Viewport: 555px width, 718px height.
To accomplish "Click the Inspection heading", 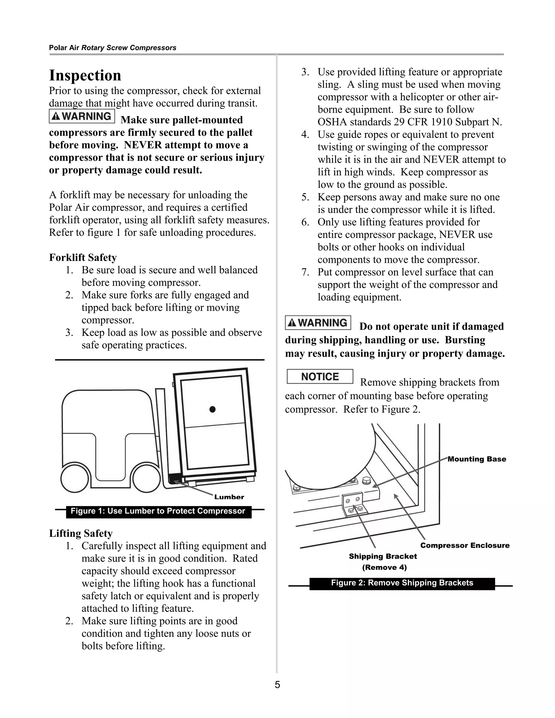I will coord(85,75).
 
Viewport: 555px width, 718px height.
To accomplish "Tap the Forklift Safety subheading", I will coord(83,257).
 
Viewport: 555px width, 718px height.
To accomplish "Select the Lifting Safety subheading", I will coord(81,533).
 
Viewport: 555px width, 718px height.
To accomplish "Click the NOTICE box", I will coord(320,376).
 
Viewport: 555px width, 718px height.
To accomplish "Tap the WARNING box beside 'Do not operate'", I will coord(318,322).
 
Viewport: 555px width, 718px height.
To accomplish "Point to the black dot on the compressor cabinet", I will coord(212,409).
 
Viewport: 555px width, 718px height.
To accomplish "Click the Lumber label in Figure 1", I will coord(229,497).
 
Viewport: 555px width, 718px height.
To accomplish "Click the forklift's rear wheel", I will coord(75,479).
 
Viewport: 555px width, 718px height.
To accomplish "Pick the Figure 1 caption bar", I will coord(159,511).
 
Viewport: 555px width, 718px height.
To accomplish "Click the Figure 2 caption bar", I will coord(402,583).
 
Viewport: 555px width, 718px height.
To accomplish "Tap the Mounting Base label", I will coord(476,459).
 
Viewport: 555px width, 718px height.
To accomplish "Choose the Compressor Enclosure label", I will coord(464,545).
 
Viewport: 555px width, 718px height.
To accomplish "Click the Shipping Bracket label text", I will coord(383,556).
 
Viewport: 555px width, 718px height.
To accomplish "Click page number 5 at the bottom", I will coord(277,685).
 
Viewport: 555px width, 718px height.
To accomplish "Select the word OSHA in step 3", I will coord(332,122).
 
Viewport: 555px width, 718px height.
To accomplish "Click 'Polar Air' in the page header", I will coord(64,48).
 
